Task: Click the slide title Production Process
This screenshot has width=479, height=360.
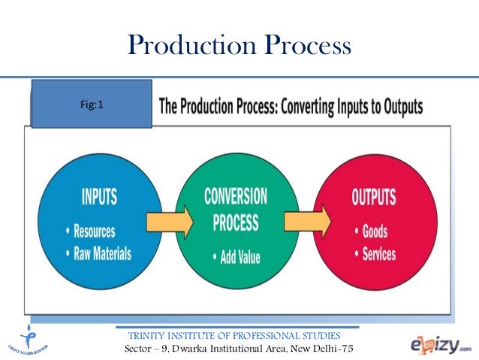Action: [239, 46]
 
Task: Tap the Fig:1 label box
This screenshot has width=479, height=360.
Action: [91, 105]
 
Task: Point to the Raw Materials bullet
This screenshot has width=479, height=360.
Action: [100, 253]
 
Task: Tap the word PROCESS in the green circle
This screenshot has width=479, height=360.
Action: [236, 223]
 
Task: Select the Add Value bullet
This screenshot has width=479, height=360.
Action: [239, 257]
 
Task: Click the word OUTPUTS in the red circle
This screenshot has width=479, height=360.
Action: [374, 198]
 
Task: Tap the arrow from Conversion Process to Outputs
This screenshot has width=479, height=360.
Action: [308, 222]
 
